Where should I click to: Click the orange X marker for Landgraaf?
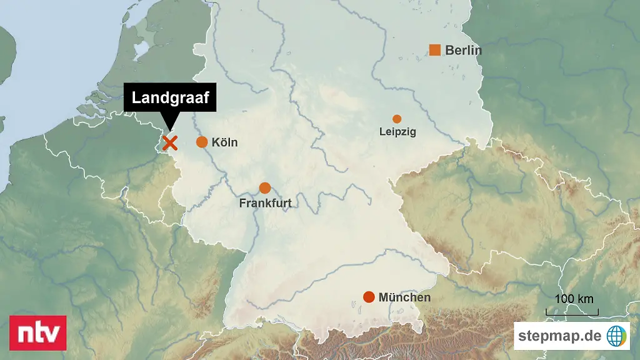[x=169, y=143]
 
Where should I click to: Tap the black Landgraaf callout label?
[x=170, y=98]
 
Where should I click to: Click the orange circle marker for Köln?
[x=202, y=142]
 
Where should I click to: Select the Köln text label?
[x=225, y=142]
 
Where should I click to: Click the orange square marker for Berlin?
[x=435, y=50]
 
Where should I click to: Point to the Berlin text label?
[x=464, y=51]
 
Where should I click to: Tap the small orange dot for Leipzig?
[x=397, y=119]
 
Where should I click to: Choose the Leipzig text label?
[x=397, y=132]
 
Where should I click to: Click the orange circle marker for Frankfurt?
[x=265, y=187]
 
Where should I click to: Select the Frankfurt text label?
[x=265, y=203]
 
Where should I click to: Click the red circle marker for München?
[x=369, y=297]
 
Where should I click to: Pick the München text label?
[x=404, y=297]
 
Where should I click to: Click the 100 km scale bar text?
[x=574, y=299]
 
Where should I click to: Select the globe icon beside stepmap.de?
[x=617, y=336]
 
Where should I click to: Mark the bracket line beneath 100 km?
[x=572, y=312]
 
